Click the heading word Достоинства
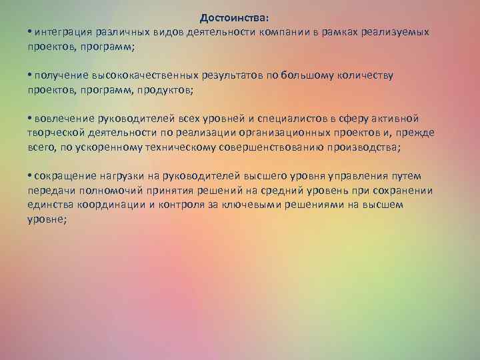237,19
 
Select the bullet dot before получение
31,75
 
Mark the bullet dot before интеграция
31,32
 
